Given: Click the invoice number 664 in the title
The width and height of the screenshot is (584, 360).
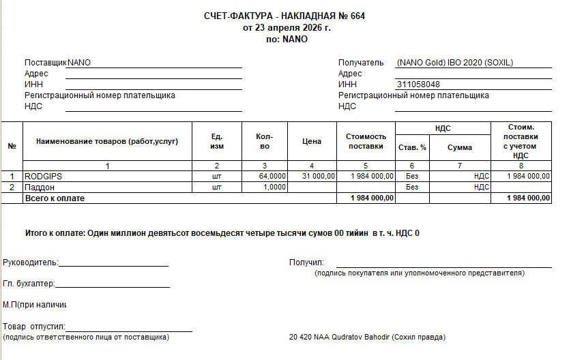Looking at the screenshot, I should (357, 16).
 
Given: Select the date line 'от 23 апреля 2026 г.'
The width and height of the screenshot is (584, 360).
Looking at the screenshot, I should (287, 28).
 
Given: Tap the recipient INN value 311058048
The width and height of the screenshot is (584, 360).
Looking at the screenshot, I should (418, 85).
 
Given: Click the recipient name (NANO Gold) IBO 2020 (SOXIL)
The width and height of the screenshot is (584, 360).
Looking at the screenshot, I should (454, 63).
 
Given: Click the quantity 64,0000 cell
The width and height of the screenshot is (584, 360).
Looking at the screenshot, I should (272, 176).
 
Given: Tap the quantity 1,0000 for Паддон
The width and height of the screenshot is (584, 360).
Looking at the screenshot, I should (274, 187).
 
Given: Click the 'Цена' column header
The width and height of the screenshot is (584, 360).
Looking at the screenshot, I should (311, 142).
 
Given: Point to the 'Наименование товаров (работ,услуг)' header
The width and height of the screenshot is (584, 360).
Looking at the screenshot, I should (107, 142).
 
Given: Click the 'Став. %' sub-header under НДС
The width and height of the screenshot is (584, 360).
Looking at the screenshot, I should (411, 147).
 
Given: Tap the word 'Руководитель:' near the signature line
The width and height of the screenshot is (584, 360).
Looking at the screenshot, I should (31, 262).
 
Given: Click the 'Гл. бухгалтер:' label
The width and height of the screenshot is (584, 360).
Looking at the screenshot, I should (29, 284).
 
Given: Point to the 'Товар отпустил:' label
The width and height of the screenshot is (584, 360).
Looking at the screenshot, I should (34, 327).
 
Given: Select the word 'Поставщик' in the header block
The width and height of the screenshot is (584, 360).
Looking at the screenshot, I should (45, 63).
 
